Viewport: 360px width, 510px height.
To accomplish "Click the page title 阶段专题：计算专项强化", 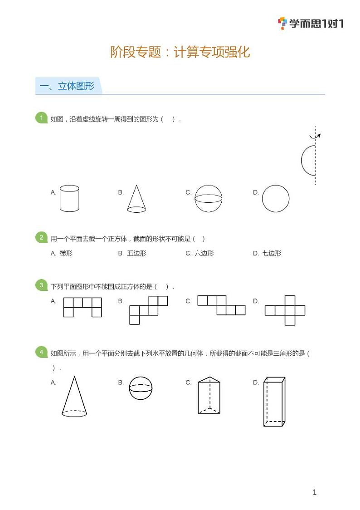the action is click(x=180, y=52).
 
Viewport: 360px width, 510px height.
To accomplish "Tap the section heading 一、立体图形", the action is click(x=67, y=86).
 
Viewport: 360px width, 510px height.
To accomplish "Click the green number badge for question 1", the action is click(x=41, y=118).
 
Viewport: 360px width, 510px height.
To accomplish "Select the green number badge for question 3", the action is click(x=41, y=285).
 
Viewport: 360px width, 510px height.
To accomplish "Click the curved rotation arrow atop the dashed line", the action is click(x=315, y=136).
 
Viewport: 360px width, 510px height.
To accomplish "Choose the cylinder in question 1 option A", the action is click(x=69, y=198).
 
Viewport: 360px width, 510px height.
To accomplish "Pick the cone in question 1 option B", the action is click(x=136, y=199).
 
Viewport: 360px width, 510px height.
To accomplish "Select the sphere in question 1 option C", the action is click(x=209, y=198).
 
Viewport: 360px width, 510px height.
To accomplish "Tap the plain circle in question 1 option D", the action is click(x=276, y=198).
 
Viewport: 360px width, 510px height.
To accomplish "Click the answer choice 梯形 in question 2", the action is click(x=66, y=253).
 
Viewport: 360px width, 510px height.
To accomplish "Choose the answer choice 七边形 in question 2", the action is click(x=272, y=253).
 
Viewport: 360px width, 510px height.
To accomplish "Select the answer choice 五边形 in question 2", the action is click(x=137, y=253).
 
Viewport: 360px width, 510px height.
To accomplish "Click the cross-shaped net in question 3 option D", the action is click(x=285, y=311).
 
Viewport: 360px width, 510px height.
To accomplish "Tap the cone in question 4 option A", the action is click(x=74, y=397).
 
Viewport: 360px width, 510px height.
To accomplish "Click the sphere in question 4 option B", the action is click(x=141, y=387).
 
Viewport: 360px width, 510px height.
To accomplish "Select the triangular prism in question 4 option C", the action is click(x=209, y=395).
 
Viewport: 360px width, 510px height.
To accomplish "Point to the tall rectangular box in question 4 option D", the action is click(x=274, y=402).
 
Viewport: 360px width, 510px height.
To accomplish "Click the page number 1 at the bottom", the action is click(x=315, y=492).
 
